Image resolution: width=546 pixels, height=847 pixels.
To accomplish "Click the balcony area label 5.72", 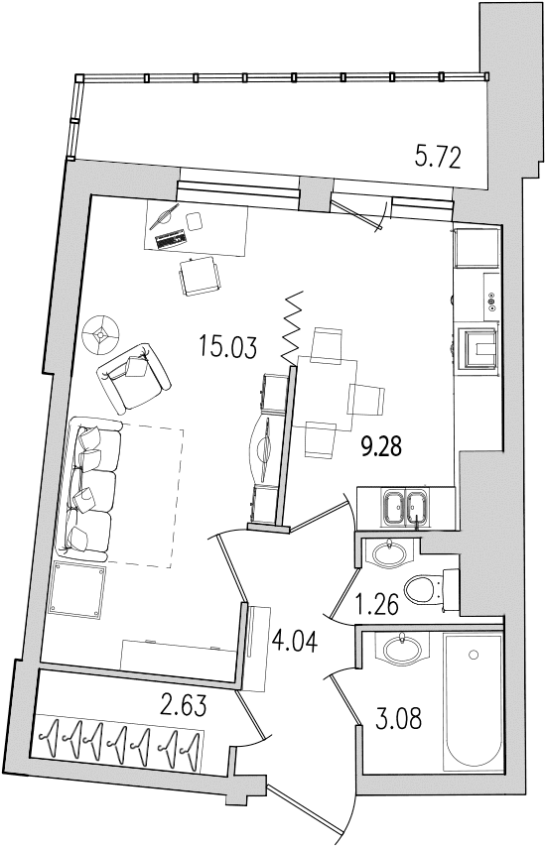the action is click(438, 159).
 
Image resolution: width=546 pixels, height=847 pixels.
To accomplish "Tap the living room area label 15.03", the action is click(227, 346).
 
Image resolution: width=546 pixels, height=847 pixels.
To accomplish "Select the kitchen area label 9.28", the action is click(381, 446).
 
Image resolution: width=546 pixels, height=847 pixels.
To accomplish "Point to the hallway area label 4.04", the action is click(295, 641).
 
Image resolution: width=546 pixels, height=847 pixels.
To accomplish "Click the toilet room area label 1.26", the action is click(377, 603).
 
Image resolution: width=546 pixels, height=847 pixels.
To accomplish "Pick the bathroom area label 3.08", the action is click(398, 719).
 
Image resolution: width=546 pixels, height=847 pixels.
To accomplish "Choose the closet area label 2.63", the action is click(184, 705).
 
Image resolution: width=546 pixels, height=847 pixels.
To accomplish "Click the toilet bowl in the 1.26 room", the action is click(431, 590).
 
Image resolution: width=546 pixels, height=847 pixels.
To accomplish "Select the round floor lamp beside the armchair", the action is click(100, 335).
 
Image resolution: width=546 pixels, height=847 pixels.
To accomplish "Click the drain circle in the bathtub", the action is click(474, 655).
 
